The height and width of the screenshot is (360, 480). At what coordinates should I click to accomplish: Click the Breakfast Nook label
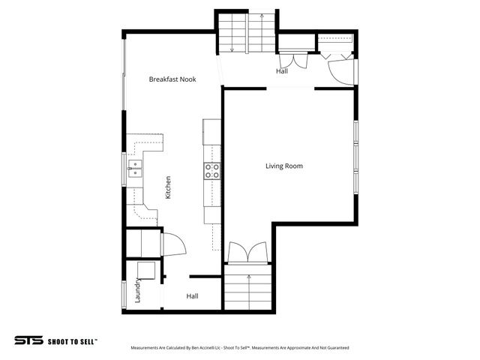pos(172,79)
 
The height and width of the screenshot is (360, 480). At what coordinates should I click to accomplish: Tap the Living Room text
pos(284,166)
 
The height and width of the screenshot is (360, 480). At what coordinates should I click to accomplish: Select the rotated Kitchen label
pos(169,187)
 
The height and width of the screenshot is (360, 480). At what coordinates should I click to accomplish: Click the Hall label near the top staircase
pos(281,71)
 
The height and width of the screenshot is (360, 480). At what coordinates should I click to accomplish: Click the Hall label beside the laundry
pos(192,296)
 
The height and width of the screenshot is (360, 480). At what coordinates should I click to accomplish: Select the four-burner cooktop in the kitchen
pos(212,171)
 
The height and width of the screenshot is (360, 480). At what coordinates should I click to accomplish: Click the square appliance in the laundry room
pos(145,271)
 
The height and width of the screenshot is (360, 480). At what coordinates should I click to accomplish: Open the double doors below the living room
pos(247,253)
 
